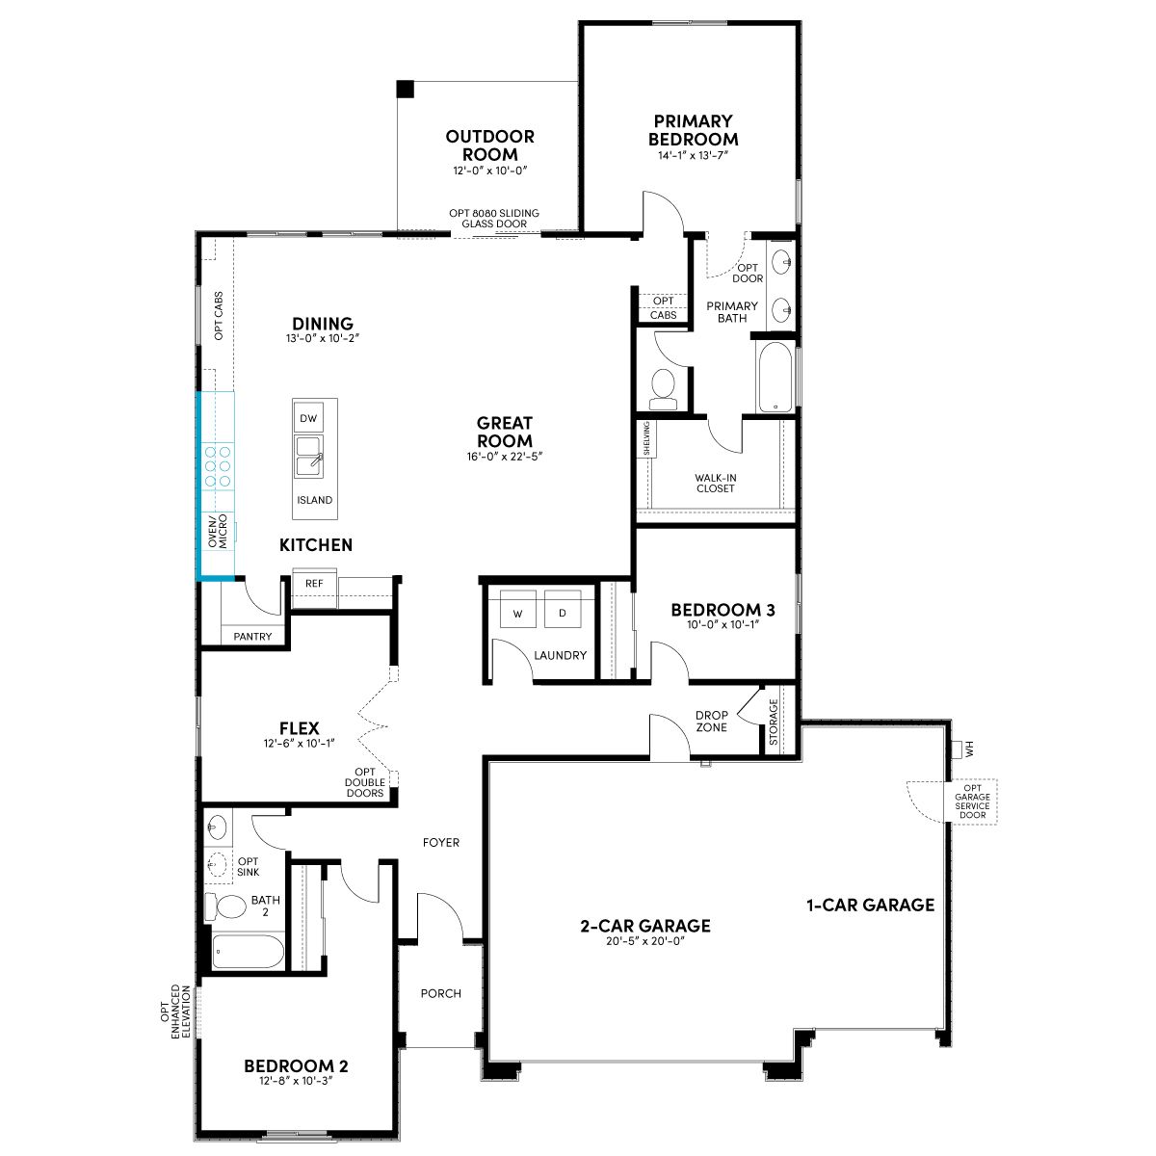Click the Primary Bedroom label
click(x=693, y=130)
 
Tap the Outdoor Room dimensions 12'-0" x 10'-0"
click(x=490, y=171)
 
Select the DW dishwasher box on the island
click(x=308, y=418)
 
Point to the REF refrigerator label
click(x=314, y=583)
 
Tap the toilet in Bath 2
click(x=225, y=906)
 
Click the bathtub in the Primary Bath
click(x=775, y=378)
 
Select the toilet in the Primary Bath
click(x=663, y=389)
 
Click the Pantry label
click(x=252, y=637)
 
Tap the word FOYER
click(x=441, y=842)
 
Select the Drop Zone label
click(x=712, y=722)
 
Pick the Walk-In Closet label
click(x=716, y=483)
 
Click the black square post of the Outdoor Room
click(x=406, y=89)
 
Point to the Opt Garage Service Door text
click(x=972, y=801)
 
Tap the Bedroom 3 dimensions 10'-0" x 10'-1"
click(x=722, y=624)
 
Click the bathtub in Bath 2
click(x=248, y=951)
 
